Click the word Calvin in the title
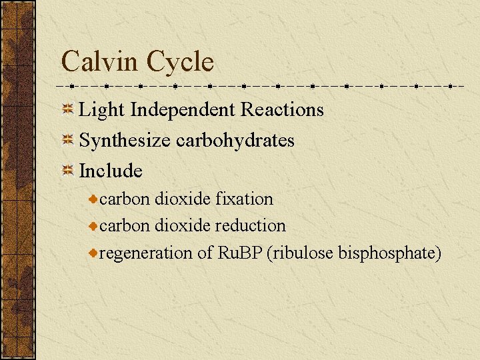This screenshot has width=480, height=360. tap(100, 62)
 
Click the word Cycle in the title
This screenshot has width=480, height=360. tap(181, 62)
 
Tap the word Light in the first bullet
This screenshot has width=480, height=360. tap(102, 109)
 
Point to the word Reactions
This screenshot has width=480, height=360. tap(282, 109)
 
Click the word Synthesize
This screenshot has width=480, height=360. tap(125, 141)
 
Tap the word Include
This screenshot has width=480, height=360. tap(111, 171)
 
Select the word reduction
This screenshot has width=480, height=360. tap(250, 226)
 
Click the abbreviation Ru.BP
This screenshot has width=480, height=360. tap(240, 253)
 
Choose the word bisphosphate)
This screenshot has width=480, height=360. tap(390, 253)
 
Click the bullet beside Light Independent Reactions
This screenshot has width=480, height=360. tap(68, 109)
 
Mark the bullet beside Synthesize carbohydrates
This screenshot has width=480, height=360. tap(68, 141)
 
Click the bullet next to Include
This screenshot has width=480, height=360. tap(68, 171)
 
